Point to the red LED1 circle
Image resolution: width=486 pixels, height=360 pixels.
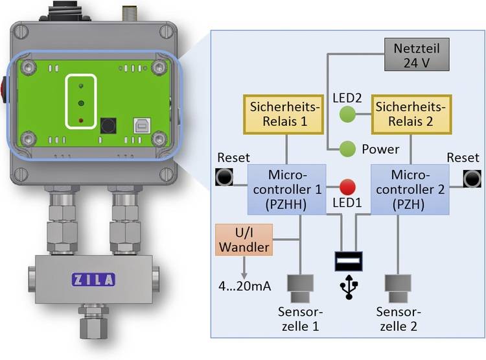[348, 188]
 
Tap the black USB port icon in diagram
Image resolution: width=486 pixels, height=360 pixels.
[348, 260]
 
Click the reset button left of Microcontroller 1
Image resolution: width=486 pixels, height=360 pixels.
[225, 176]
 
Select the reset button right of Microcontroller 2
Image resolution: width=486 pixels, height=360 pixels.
[471, 176]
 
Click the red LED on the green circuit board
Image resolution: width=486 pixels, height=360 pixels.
[81, 121]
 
